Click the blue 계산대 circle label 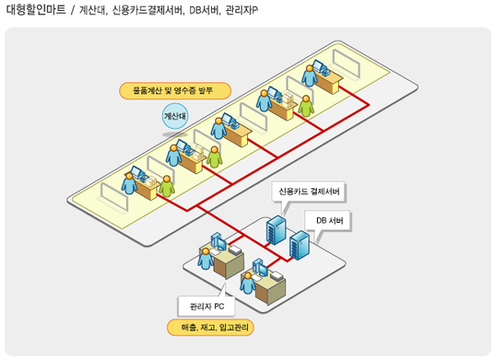(x=175, y=116)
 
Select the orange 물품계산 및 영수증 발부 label (x=175, y=91)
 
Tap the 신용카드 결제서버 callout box (x=309, y=192)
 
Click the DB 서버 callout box (x=329, y=220)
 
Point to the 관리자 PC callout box (x=207, y=306)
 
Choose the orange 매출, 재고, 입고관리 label (x=210, y=327)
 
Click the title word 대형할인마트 (x=36, y=9)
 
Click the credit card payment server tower (x=276, y=230)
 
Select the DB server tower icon (x=299, y=246)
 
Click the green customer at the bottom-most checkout (x=166, y=186)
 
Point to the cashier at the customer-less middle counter (x=219, y=128)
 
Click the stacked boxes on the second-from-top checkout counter (x=288, y=101)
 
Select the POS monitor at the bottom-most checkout (x=137, y=172)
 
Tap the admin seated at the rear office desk (x=206, y=259)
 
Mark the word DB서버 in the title (x=203, y=10)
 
